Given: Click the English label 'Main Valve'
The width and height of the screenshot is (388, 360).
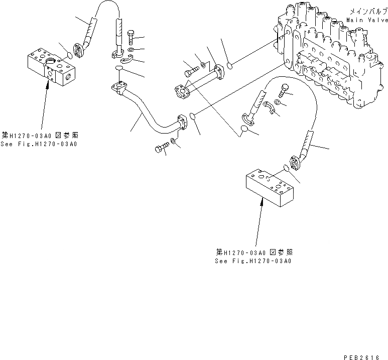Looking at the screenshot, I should tap(366, 20).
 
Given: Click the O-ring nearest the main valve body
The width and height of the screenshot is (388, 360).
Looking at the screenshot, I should tap(229, 65).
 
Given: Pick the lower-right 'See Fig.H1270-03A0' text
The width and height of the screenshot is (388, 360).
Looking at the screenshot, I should tap(253, 261).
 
